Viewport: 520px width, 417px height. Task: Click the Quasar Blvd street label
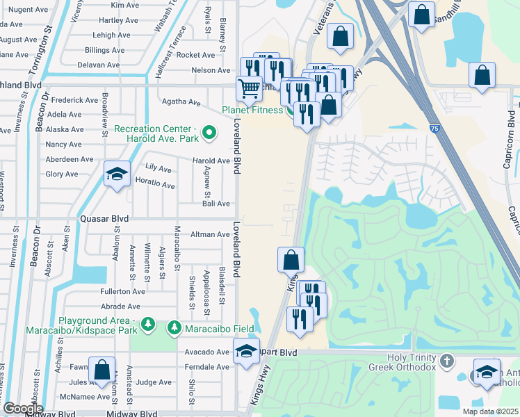(104, 218)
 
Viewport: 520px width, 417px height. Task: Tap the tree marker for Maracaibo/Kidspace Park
(147, 324)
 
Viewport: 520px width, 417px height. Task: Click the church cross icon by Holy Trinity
(447, 361)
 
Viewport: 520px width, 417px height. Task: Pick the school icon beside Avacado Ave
(246, 351)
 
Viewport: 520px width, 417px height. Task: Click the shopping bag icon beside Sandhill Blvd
(421, 15)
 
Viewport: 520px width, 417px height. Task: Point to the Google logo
(23, 409)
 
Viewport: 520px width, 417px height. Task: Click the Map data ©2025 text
(490, 411)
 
